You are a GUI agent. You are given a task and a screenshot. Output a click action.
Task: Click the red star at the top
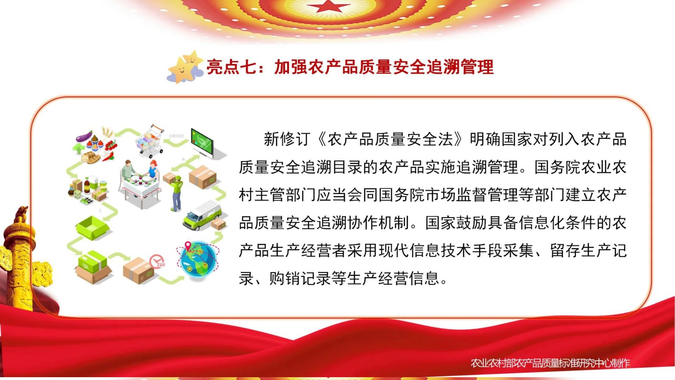pos(329,6)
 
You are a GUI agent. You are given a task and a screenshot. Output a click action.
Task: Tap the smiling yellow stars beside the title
pos(185,67)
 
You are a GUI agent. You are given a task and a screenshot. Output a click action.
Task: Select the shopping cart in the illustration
pos(150,140)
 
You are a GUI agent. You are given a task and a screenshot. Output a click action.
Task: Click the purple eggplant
pos(84,136)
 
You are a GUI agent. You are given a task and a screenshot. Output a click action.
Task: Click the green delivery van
pos(202,216)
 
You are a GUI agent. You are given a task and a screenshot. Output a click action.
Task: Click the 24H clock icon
pos(157,261)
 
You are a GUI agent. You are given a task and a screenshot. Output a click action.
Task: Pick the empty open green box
pos(92,228)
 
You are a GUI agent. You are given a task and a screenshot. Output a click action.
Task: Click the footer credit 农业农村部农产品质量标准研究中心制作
pos(550,363)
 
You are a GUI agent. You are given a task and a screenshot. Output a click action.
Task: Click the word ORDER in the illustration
pos(176,136)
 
